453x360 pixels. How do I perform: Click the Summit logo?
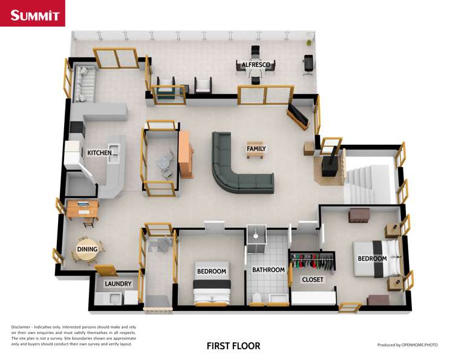click(33, 15)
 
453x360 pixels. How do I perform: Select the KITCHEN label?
click(99, 153)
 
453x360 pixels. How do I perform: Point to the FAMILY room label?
click(256, 148)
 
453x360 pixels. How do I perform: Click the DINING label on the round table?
click(87, 249)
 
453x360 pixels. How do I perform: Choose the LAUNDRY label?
click(118, 283)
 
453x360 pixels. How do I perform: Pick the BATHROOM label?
click(268, 270)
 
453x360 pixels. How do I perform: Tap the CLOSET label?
click(313, 280)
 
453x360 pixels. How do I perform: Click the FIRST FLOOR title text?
click(233, 346)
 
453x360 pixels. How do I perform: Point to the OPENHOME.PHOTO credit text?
click(407, 345)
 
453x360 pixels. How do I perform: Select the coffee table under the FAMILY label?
click(256, 154)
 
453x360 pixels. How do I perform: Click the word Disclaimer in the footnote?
click(22, 327)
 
